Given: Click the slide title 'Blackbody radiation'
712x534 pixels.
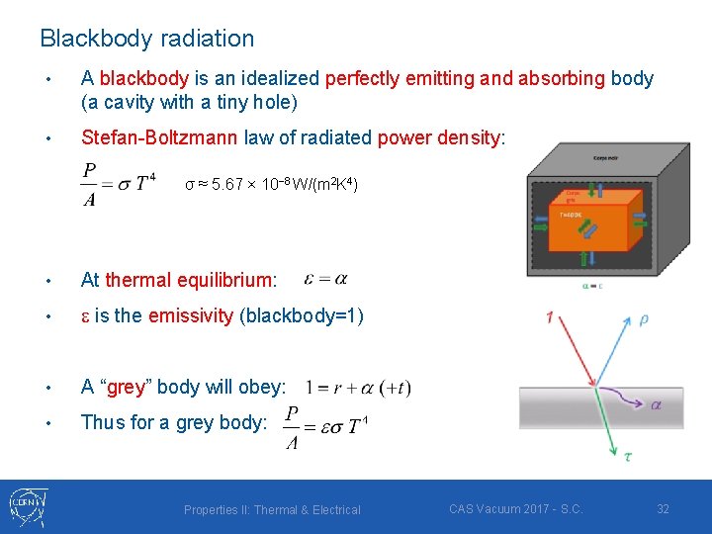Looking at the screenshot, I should (146, 39).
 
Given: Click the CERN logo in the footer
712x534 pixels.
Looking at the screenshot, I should (31, 505).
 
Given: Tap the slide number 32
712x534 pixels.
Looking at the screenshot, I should (663, 508).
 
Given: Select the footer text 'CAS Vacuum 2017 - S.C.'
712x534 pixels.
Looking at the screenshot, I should (515, 508).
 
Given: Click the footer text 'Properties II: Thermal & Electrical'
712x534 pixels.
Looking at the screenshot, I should (272, 510).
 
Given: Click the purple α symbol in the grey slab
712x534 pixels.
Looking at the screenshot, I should (654, 403).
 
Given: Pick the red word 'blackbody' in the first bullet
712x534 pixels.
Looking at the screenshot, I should (141, 78).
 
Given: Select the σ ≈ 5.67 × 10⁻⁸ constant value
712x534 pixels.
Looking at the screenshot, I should (271, 185).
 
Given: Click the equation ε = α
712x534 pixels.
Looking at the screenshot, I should (326, 279).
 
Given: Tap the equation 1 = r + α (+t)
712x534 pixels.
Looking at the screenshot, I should (358, 388).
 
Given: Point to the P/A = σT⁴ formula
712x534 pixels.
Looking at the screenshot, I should (119, 184).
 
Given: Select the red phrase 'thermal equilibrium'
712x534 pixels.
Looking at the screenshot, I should (188, 280).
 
